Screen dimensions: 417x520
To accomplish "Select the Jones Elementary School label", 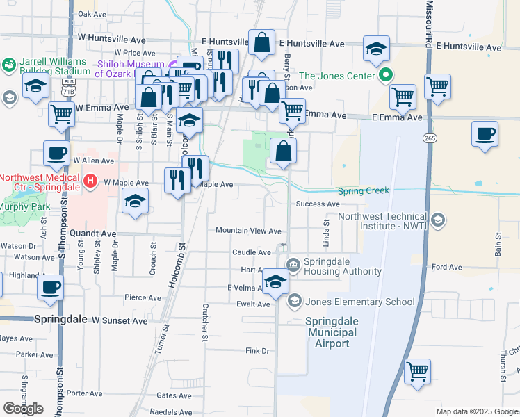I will tap(361, 302).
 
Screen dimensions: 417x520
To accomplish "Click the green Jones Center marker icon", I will tap(384, 76).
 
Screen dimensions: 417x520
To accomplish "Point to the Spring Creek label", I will tap(363, 191).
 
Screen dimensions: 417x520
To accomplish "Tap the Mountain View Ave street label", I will tap(248, 231).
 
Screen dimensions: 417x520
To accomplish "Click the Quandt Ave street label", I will tap(99, 234).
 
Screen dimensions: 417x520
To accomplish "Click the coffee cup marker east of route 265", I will tap(485, 133).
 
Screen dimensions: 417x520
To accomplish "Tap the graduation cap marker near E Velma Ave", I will tap(275, 281).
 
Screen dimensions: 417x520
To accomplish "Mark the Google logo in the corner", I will tap(24, 409).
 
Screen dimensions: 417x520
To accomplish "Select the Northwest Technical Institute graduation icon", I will tap(438, 222).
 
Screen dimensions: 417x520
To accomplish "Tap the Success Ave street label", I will tap(317, 204).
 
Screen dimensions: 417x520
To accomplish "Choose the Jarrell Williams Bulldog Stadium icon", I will tap(9, 66).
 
